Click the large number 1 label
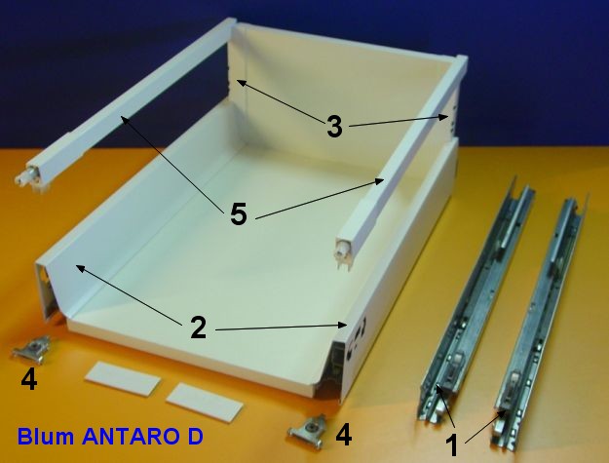(x=452, y=445)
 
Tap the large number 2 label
(x=198, y=328)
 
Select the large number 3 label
(x=334, y=127)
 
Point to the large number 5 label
(x=239, y=214)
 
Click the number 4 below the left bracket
(x=29, y=379)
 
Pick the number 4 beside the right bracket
(x=344, y=435)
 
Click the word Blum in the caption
(x=46, y=437)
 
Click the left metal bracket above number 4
(x=31, y=350)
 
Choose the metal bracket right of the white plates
(x=307, y=432)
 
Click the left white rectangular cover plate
(x=123, y=378)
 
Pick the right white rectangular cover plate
(x=205, y=402)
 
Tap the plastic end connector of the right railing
(x=345, y=251)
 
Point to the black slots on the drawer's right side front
(x=359, y=338)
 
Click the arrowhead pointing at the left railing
(x=125, y=119)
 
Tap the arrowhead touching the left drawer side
(x=81, y=268)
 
